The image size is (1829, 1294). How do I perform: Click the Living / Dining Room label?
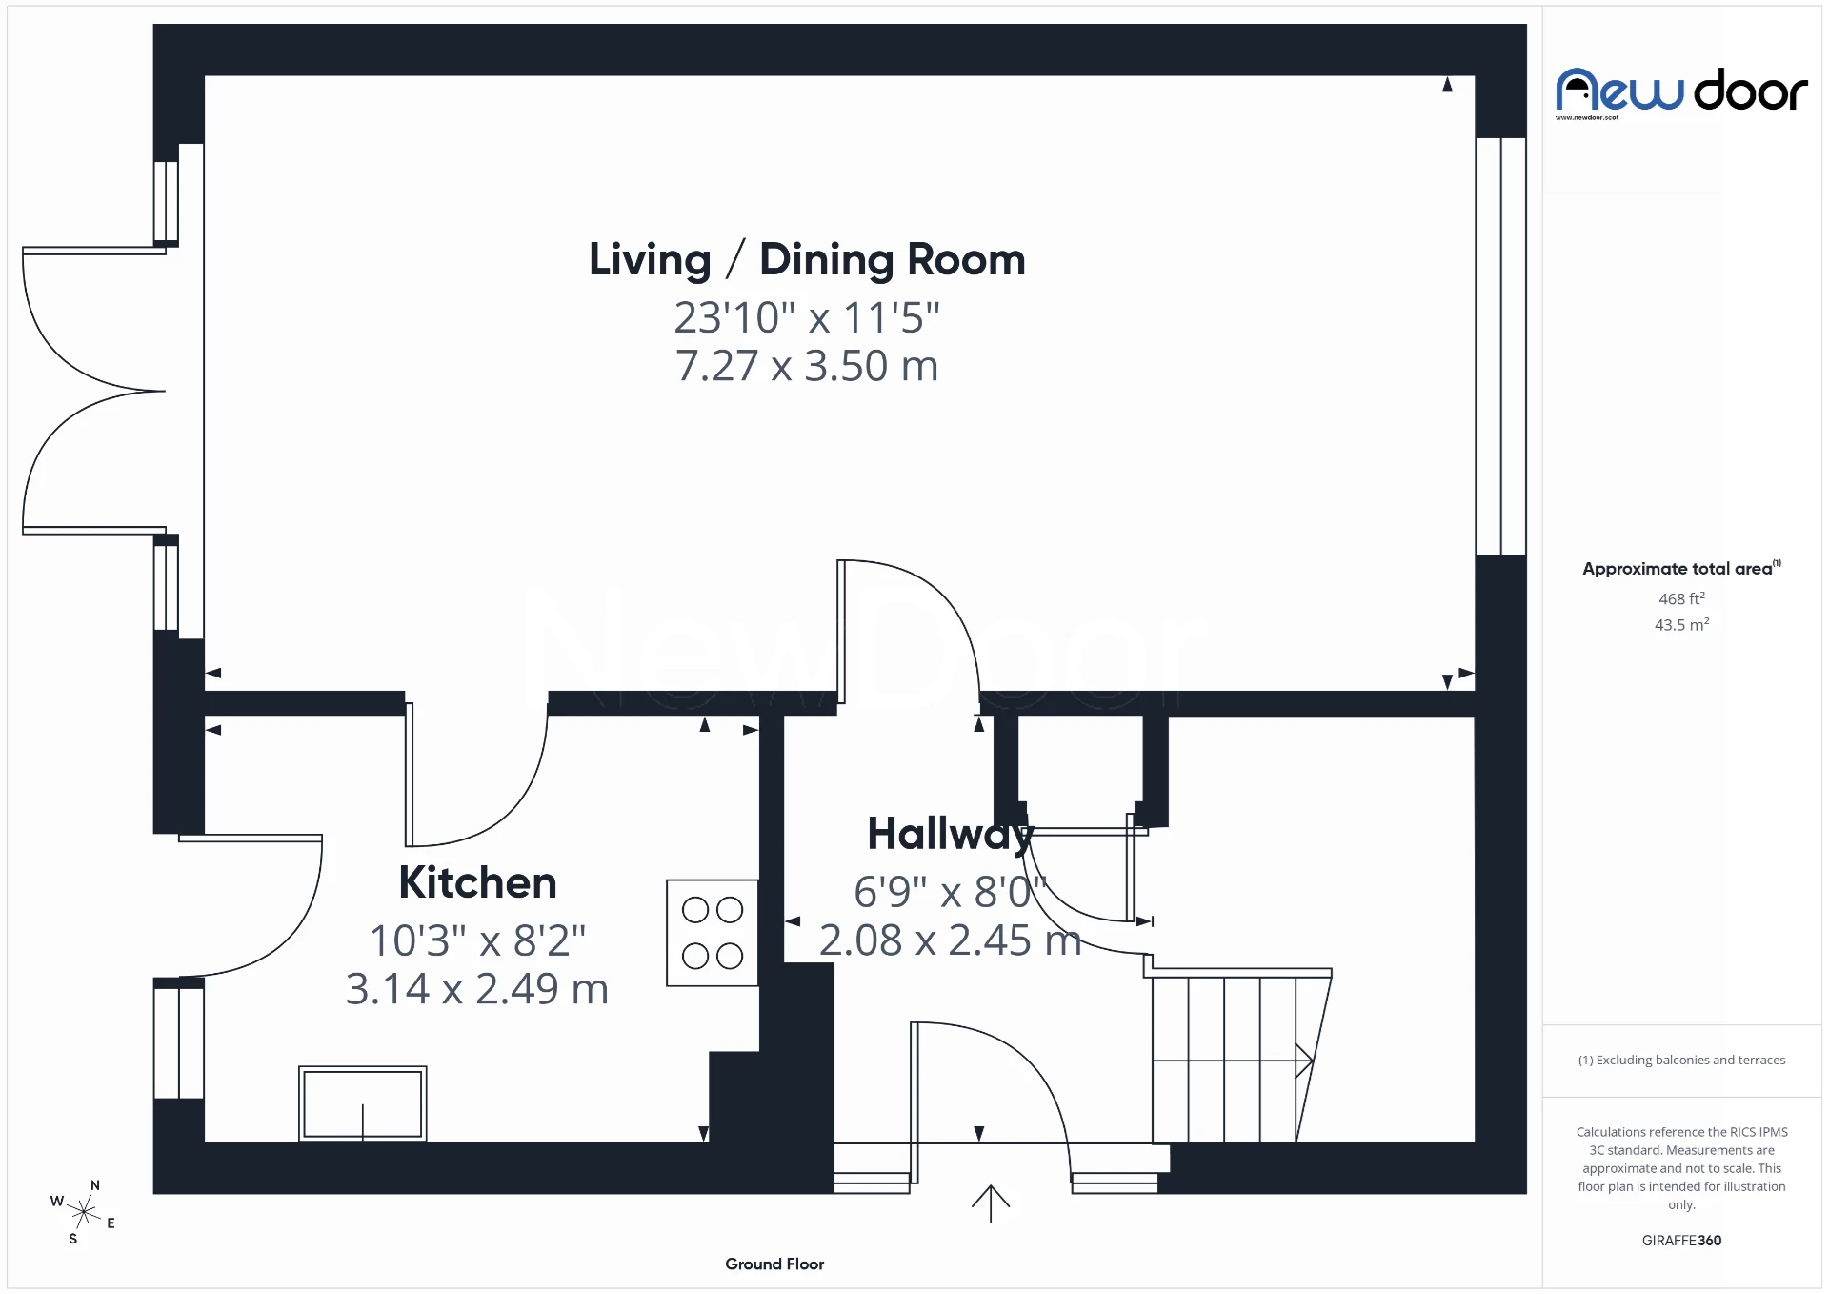pos(807,260)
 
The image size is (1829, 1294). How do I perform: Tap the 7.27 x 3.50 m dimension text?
pos(807,366)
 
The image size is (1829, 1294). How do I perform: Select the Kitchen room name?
pos(477,882)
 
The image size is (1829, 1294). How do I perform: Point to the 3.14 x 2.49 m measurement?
pos(476,989)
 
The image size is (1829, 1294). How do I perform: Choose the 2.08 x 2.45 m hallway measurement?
pos(950,941)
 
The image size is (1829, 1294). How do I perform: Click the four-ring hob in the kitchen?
pos(713,933)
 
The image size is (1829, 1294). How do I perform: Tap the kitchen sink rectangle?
pos(362,1103)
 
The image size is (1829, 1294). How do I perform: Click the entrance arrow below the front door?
pos(990,1203)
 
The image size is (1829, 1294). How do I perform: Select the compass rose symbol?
pos(84,1212)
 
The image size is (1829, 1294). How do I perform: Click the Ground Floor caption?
pos(774,1264)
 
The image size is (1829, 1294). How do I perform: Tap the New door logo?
pos(1681,92)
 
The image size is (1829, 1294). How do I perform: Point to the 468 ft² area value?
pos(1681,598)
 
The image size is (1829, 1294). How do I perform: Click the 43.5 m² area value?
pos(1681,625)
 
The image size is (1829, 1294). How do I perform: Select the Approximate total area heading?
pos(1678,569)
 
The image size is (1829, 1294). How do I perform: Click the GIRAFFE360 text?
pos(1681,1240)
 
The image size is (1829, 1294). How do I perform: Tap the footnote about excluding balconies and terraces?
pos(1681,1060)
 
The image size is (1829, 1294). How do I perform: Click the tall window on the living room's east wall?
pos(1500,346)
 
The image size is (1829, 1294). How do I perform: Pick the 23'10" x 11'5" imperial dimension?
pos(807,318)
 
